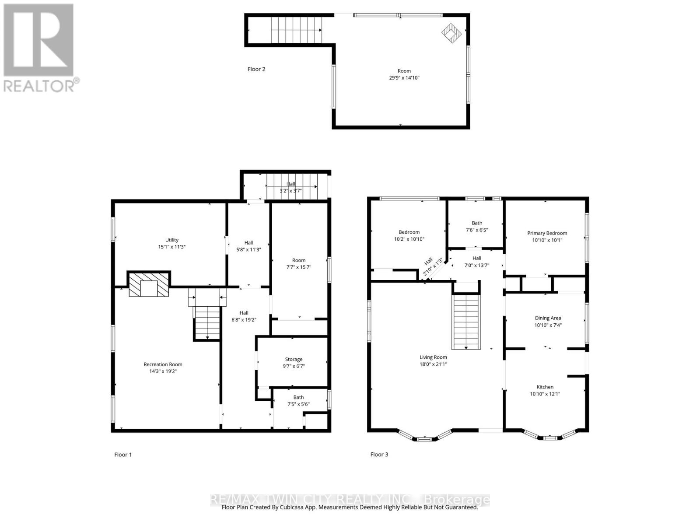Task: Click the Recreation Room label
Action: (x=163, y=364)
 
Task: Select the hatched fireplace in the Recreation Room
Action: (x=149, y=285)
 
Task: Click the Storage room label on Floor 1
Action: (x=294, y=359)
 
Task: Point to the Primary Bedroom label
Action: (x=547, y=233)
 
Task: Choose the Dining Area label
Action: (x=548, y=318)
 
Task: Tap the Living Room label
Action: (x=433, y=357)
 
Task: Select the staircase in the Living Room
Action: (x=466, y=322)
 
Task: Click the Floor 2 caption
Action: (x=256, y=69)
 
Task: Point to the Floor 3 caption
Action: (x=379, y=455)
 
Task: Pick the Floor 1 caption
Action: (x=123, y=455)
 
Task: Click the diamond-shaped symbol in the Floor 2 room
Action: (x=451, y=32)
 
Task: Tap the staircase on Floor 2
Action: (x=296, y=30)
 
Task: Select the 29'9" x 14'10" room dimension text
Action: (x=404, y=78)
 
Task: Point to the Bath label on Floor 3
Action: (x=477, y=223)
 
